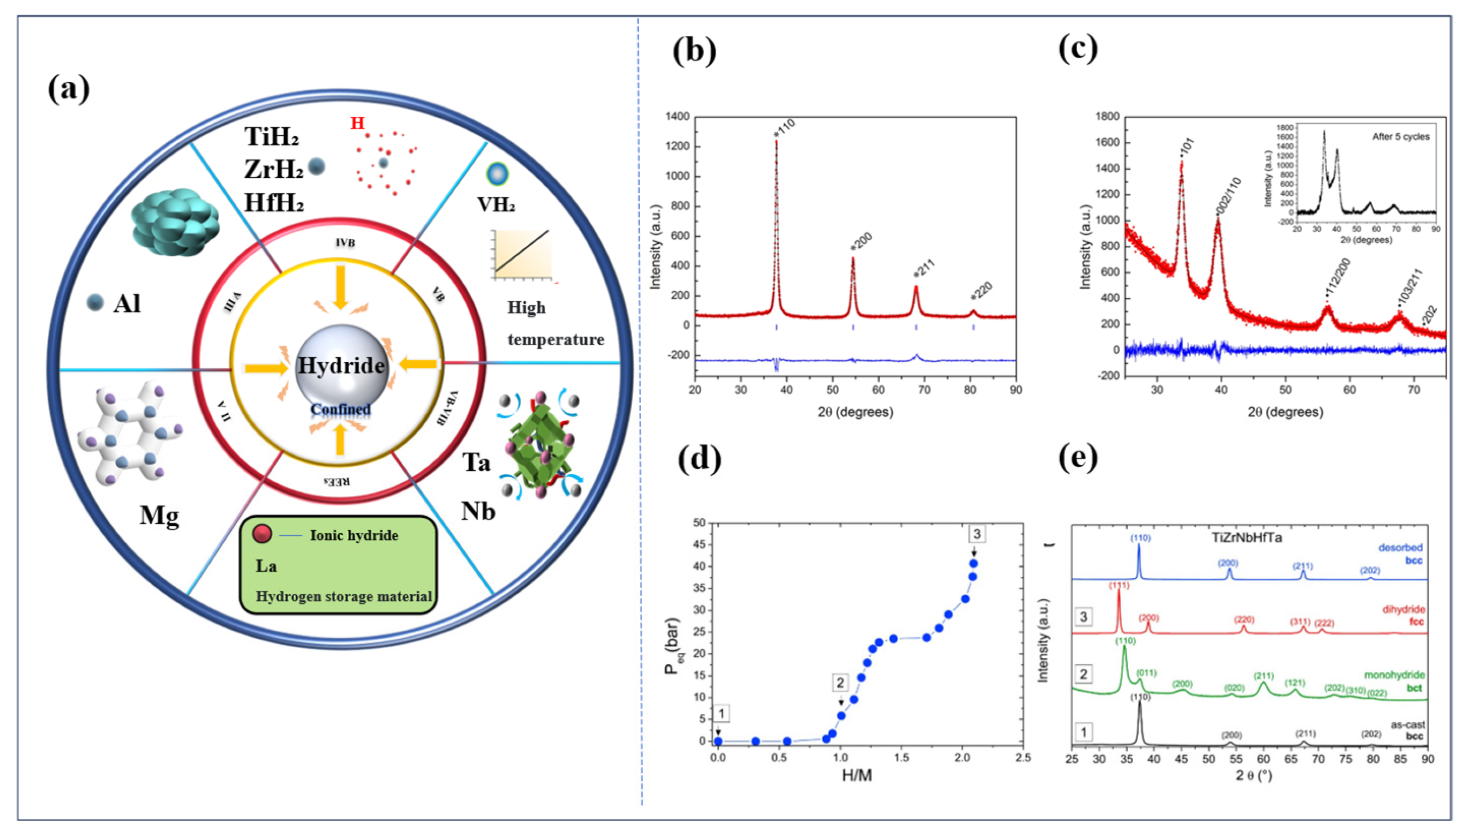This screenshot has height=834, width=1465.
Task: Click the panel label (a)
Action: [x=69, y=90]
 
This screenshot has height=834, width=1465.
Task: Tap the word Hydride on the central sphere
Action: [x=341, y=365]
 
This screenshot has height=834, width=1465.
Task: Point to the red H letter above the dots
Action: [x=357, y=123]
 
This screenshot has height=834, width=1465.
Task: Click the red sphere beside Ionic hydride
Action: [x=262, y=534]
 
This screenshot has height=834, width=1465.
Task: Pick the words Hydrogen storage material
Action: [x=344, y=596]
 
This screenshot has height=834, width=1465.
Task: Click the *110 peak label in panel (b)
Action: [x=784, y=127]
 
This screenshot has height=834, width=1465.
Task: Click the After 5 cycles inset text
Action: [x=1400, y=137]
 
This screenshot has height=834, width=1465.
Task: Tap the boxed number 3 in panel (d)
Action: [x=976, y=534]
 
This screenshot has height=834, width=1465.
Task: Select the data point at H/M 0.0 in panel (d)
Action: [x=718, y=741]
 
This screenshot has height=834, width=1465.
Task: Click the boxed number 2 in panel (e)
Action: [x=1083, y=674]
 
